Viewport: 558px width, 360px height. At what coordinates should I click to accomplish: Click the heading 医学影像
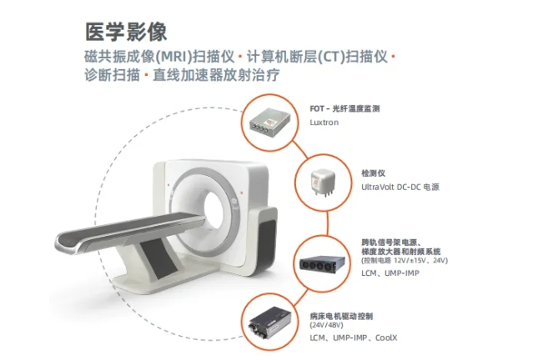[x=126, y=32]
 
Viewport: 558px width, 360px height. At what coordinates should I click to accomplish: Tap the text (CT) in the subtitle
[x=330, y=57]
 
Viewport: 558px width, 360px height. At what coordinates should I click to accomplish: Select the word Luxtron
[x=324, y=122]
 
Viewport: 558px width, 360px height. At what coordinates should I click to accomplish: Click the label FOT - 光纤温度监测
[x=344, y=108]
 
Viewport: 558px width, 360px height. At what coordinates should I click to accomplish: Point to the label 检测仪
[x=374, y=173]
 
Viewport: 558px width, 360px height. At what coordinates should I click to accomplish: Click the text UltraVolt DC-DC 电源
[x=400, y=187]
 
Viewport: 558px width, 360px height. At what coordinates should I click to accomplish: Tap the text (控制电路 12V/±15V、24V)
[x=405, y=260]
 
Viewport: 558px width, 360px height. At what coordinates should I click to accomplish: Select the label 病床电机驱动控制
[x=341, y=316]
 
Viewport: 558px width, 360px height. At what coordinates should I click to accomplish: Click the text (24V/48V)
[x=326, y=325]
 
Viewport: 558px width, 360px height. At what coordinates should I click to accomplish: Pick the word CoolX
[x=386, y=337]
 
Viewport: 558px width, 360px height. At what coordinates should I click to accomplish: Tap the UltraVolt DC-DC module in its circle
[x=323, y=181]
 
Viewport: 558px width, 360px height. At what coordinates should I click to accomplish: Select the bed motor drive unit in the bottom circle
[x=269, y=326]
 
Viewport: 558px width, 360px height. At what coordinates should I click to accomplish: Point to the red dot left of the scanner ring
[x=168, y=184]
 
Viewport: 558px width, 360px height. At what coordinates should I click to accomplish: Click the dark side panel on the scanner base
[x=267, y=244]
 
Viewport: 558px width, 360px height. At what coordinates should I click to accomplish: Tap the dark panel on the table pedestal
[x=158, y=258]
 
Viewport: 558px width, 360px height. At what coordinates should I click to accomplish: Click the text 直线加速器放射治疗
[x=216, y=75]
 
